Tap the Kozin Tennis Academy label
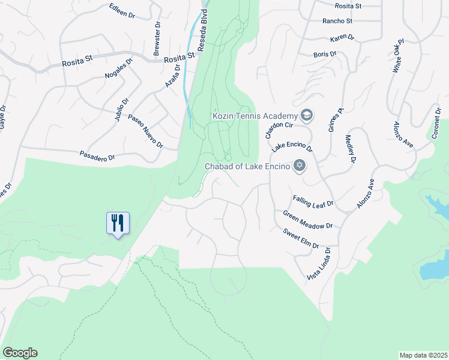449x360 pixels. pos(255,115)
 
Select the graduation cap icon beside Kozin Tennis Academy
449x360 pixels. pos(306,115)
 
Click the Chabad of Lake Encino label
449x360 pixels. pos(248,166)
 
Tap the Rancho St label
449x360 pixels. pos(336,20)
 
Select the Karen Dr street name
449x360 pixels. pos(342,38)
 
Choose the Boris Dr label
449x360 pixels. pos(325,55)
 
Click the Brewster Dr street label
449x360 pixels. pos(157,40)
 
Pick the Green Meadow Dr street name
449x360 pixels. pos(307,219)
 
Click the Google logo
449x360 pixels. pos(20,353)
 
